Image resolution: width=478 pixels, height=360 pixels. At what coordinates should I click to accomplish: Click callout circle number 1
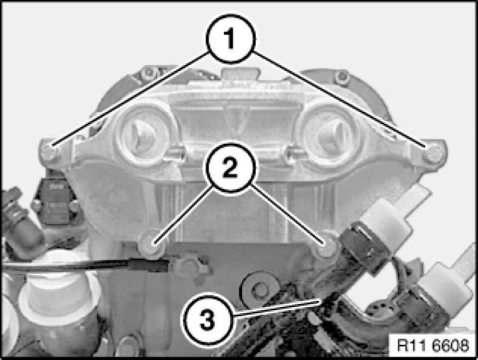click(x=231, y=38)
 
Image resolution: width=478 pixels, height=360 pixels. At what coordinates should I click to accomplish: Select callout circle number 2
click(x=229, y=167)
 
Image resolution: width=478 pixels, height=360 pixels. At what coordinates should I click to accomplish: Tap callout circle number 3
click(x=207, y=320)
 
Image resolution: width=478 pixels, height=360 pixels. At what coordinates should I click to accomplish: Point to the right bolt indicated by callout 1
click(x=434, y=152)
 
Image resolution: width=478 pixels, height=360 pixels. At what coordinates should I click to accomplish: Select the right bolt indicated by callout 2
click(x=326, y=246)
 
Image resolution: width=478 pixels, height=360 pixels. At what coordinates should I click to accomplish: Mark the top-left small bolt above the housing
click(x=148, y=73)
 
